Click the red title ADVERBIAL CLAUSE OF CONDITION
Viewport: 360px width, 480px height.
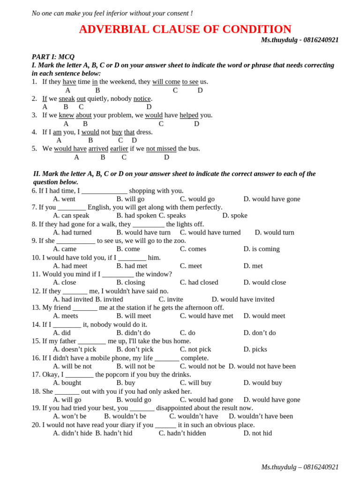click(185, 29)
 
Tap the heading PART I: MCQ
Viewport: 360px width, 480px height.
click(53, 57)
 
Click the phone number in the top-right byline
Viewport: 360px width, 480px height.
click(321, 40)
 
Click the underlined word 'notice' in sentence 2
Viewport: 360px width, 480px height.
click(142, 98)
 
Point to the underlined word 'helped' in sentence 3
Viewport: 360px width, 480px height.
click(189, 115)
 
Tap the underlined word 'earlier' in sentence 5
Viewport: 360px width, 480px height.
click(119, 149)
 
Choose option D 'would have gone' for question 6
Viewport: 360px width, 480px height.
click(272, 199)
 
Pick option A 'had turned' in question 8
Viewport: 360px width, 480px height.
click(72, 232)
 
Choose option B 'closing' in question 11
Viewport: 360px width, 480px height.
click(131, 283)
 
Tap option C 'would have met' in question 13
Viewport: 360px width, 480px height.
click(206, 316)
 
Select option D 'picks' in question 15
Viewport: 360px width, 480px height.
click(255, 349)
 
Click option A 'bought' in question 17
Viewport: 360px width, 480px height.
click(67, 383)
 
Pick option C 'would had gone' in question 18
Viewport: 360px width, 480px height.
click(206, 400)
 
